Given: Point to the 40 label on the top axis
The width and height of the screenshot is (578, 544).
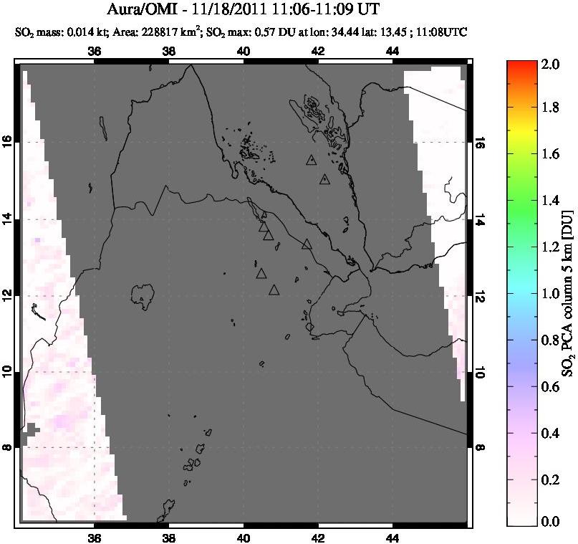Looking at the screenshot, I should point(244,51).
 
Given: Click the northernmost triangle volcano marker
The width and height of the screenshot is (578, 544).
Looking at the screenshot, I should point(311,161).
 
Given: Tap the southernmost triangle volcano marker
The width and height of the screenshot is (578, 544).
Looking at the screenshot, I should point(274,290).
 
